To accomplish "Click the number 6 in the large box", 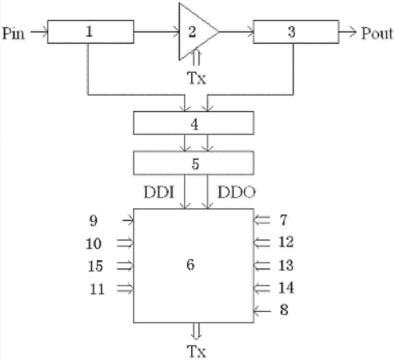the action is point(190,265).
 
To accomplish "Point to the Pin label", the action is point(14,34).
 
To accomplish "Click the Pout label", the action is point(377,34).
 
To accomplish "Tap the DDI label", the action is point(159,192).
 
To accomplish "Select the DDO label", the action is point(237,192).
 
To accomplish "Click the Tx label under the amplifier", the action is point(197,78).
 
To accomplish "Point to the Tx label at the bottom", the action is point(197,351).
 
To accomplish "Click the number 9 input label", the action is point(94,221).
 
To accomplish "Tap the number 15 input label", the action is point(95,266).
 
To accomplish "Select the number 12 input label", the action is point(286,242).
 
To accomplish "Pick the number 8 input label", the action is point(284,310).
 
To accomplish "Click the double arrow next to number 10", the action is point(125,243).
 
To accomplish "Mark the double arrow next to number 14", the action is point(262,288).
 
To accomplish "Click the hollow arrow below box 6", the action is point(196,331).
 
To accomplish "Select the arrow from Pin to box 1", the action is point(39,32).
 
